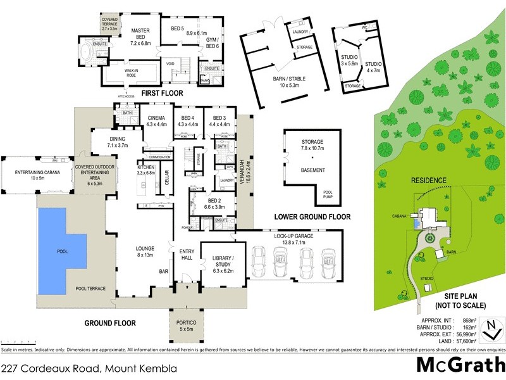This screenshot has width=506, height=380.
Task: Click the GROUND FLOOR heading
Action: click(109, 323)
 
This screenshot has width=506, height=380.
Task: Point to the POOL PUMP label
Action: click(327, 195)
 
